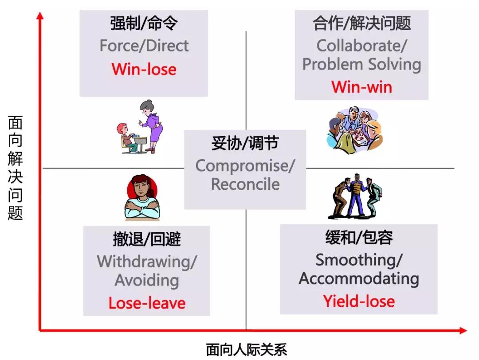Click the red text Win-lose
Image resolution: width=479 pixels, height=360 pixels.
[x=144, y=69]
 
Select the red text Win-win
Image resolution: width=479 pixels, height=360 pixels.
[x=362, y=87]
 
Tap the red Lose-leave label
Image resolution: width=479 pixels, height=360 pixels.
[x=147, y=303]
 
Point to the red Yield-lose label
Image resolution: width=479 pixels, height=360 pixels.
[x=359, y=301]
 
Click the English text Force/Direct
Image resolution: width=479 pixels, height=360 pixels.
[x=144, y=46]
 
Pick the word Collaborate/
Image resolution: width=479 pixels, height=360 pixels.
[x=362, y=46]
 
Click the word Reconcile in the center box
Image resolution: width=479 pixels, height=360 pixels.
[x=245, y=184]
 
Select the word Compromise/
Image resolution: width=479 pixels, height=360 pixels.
[x=245, y=166]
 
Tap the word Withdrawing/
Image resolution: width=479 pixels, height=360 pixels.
[x=147, y=262]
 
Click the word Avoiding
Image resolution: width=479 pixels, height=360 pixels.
[x=147, y=280]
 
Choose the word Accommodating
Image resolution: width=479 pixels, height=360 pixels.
[x=359, y=278]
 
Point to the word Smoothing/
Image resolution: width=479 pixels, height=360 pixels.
[x=359, y=260]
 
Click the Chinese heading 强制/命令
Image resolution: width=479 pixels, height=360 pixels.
[x=144, y=23]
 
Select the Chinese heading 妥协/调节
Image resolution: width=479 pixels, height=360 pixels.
[x=245, y=143]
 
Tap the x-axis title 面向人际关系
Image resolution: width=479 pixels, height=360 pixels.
[x=247, y=350]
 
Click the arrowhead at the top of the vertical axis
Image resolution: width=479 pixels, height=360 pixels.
[x=40, y=15]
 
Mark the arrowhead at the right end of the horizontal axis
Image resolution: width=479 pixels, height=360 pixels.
[x=463, y=330]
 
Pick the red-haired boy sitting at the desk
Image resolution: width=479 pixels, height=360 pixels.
[x=126, y=137]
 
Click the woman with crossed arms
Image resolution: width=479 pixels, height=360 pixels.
[x=142, y=198]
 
